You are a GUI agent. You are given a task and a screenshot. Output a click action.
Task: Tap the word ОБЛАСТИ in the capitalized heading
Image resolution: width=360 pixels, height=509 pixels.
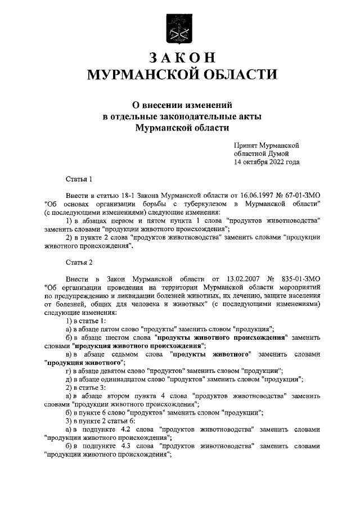point(241,75)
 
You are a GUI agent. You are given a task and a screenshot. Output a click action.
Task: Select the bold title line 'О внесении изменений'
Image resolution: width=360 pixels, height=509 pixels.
point(179,105)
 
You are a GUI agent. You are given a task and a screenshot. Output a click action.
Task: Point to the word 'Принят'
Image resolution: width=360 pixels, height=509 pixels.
point(246,145)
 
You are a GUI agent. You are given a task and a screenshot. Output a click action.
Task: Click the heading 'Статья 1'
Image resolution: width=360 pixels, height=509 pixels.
point(79,179)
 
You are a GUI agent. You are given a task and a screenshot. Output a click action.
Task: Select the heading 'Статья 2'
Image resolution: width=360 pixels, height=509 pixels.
point(79,263)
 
